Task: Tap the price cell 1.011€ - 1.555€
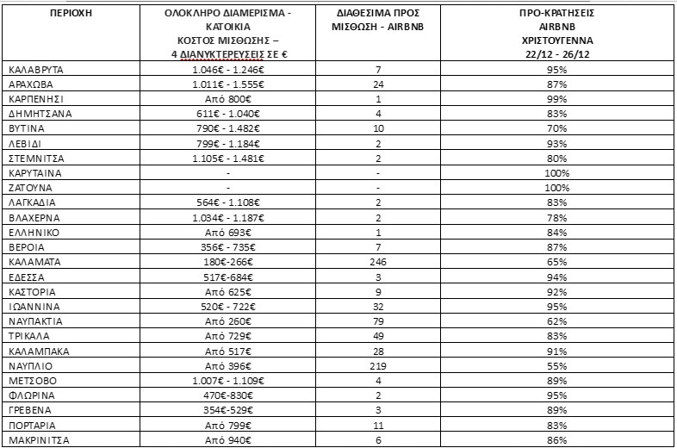227,84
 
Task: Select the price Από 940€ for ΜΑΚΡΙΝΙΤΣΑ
227,440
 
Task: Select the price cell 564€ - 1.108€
227,202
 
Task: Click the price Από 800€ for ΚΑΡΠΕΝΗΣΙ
227,99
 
